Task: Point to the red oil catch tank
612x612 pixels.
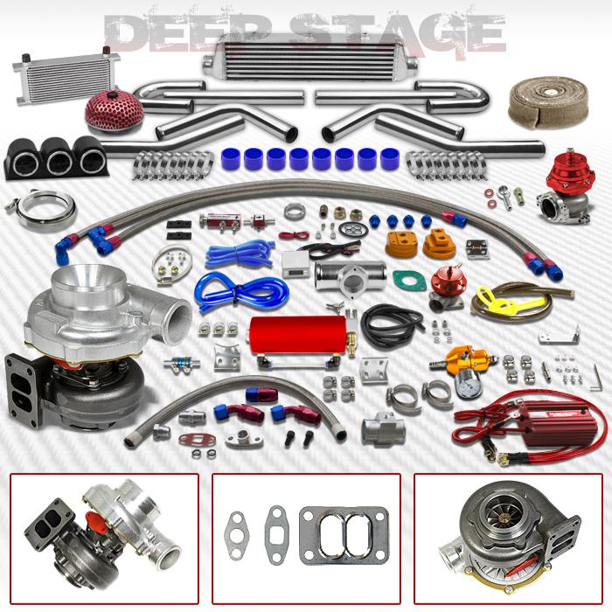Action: click(x=285, y=336)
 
